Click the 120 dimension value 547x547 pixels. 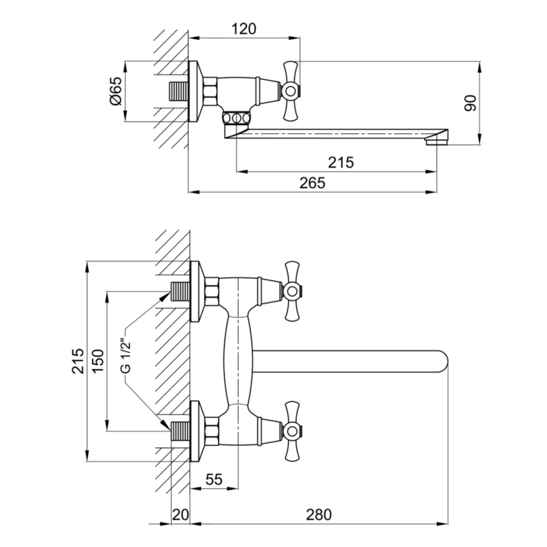pos(244,29)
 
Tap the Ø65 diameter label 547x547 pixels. pos(116,91)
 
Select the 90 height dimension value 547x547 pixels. pos(470,103)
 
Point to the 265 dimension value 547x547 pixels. pos(312,183)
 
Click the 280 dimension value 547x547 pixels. pos(319,515)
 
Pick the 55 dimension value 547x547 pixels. pos(214,479)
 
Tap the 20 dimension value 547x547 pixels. pos(181,515)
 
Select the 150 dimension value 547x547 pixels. pos(98,361)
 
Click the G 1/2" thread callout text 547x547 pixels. pos(126,356)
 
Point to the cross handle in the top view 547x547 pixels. pos(290,92)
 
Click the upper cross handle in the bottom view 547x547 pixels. pos(292,291)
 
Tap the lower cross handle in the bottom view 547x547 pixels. pos(292,431)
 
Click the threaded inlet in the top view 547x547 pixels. pos(178,92)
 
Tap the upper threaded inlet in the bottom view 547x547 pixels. pos(181,291)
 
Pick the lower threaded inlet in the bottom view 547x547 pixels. pos(181,431)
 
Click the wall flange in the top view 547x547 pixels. pos(196,92)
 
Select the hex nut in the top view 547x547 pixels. pos(211,92)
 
